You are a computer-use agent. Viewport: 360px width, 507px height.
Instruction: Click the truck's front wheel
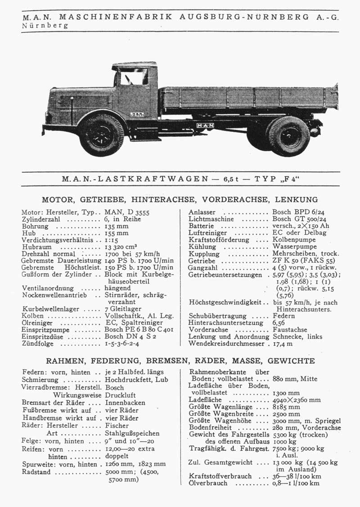pyautogui.click(x=101, y=135)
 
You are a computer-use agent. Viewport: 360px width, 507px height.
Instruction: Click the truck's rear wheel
pyautogui.click(x=288, y=136)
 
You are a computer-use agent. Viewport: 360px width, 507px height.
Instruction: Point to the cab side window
pyautogui.click(x=134, y=77)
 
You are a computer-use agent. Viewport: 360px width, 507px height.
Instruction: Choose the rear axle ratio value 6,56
pyautogui.click(x=279, y=323)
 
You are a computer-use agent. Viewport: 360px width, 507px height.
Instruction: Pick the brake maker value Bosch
pyautogui.click(x=115, y=387)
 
